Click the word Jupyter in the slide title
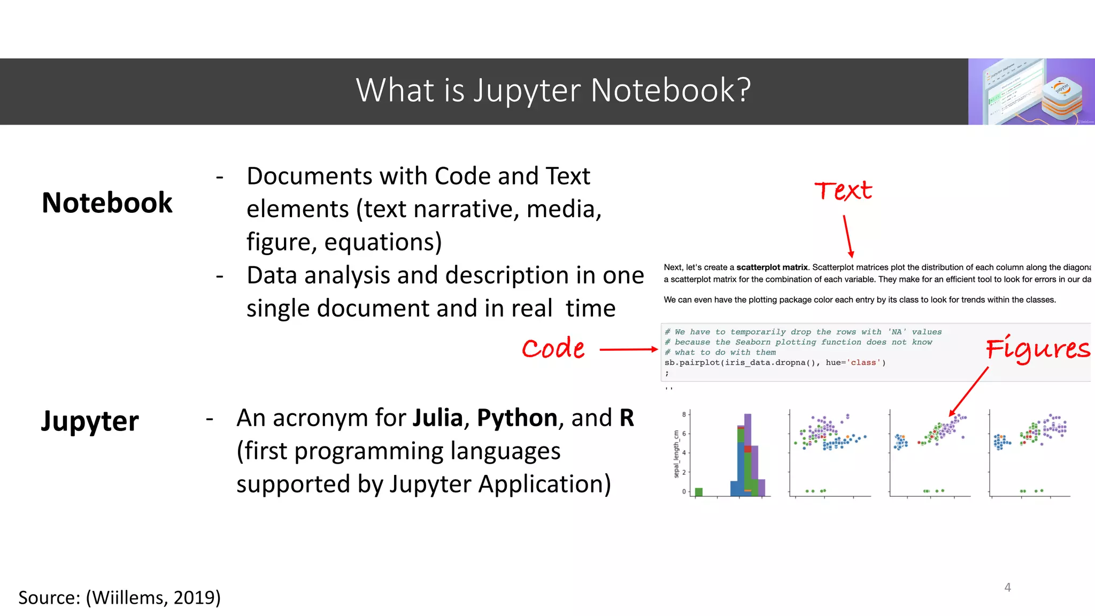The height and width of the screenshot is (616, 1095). [527, 91]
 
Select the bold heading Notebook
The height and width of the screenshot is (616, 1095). [107, 203]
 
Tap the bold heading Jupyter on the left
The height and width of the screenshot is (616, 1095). [90, 421]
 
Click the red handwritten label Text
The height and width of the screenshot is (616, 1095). [843, 191]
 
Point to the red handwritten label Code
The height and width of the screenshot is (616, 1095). [553, 349]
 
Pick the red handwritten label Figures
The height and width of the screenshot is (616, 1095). [1038, 349]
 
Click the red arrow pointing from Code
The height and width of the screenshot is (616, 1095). [629, 350]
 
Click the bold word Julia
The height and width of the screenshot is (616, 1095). [438, 418]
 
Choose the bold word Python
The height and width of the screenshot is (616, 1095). [517, 418]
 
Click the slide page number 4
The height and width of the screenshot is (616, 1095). [1007, 588]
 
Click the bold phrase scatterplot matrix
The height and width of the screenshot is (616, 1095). [772, 267]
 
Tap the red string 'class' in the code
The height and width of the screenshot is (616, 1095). [863, 363]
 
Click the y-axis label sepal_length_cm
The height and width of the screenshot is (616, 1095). [676, 454]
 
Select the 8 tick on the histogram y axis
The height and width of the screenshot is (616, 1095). [684, 414]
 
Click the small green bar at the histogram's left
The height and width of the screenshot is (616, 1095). [698, 492]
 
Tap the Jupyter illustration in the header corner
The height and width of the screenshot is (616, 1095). [1031, 91]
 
